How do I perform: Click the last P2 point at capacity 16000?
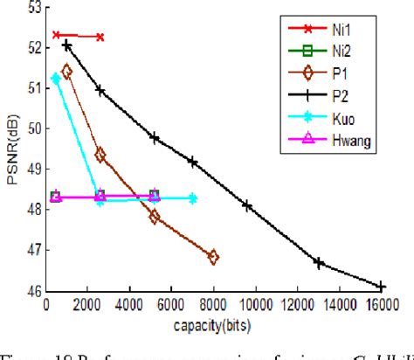coord(381,287)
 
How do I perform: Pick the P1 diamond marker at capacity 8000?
coord(213,257)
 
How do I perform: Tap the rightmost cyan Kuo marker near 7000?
coord(192,199)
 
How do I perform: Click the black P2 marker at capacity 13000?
coord(319,262)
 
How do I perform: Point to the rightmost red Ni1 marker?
coord(100,37)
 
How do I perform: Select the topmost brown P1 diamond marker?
coord(67,72)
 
